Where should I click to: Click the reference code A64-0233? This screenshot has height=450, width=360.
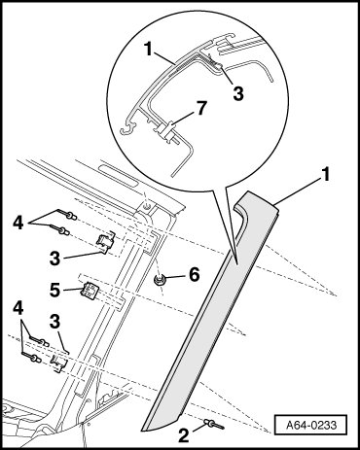[x=311, y=425]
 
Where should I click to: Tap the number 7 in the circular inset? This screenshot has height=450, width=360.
[x=201, y=108]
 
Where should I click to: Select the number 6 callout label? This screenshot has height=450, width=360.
[x=195, y=275]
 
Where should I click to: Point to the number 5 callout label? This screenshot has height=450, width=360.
[x=54, y=290]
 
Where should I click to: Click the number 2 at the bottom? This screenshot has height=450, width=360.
[x=183, y=435]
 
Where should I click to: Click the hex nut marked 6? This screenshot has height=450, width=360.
[x=160, y=280]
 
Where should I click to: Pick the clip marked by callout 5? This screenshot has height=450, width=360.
[x=89, y=291]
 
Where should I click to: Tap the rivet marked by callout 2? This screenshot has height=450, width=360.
[x=214, y=424]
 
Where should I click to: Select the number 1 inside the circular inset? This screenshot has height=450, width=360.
[x=149, y=51]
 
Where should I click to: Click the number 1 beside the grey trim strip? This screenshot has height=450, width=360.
[x=325, y=175]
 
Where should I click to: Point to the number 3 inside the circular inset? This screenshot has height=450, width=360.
[x=238, y=94]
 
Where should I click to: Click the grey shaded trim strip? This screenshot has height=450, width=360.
[x=210, y=311]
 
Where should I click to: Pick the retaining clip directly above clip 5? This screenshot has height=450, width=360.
[x=106, y=242]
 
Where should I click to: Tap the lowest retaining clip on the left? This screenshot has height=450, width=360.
[x=59, y=363]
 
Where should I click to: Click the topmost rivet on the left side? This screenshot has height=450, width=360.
[x=67, y=215]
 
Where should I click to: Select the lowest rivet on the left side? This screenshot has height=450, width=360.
[x=31, y=358]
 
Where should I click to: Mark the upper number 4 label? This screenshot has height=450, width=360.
[x=18, y=224]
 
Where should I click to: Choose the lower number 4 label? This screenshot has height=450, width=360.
[x=18, y=309]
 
